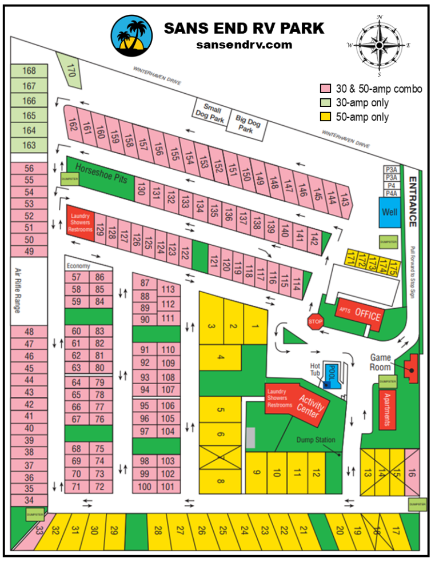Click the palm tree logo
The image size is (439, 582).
click(132, 35)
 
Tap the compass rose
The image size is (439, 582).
click(379, 44)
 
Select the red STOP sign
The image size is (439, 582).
click(316, 322)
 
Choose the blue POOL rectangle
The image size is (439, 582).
click(331, 376)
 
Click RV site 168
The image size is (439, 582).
click(29, 71)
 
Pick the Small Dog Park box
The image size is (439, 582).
click(210, 114)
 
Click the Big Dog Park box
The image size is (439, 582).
click(246, 123)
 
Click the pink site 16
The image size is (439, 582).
click(412, 472)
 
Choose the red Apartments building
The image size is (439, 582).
click(388, 409)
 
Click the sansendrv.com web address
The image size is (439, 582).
click(244, 45)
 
